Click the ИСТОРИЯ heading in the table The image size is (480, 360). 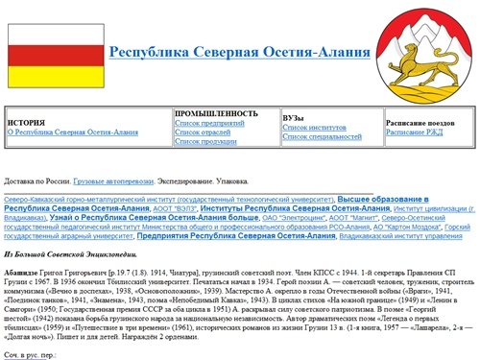[x=26, y=123]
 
